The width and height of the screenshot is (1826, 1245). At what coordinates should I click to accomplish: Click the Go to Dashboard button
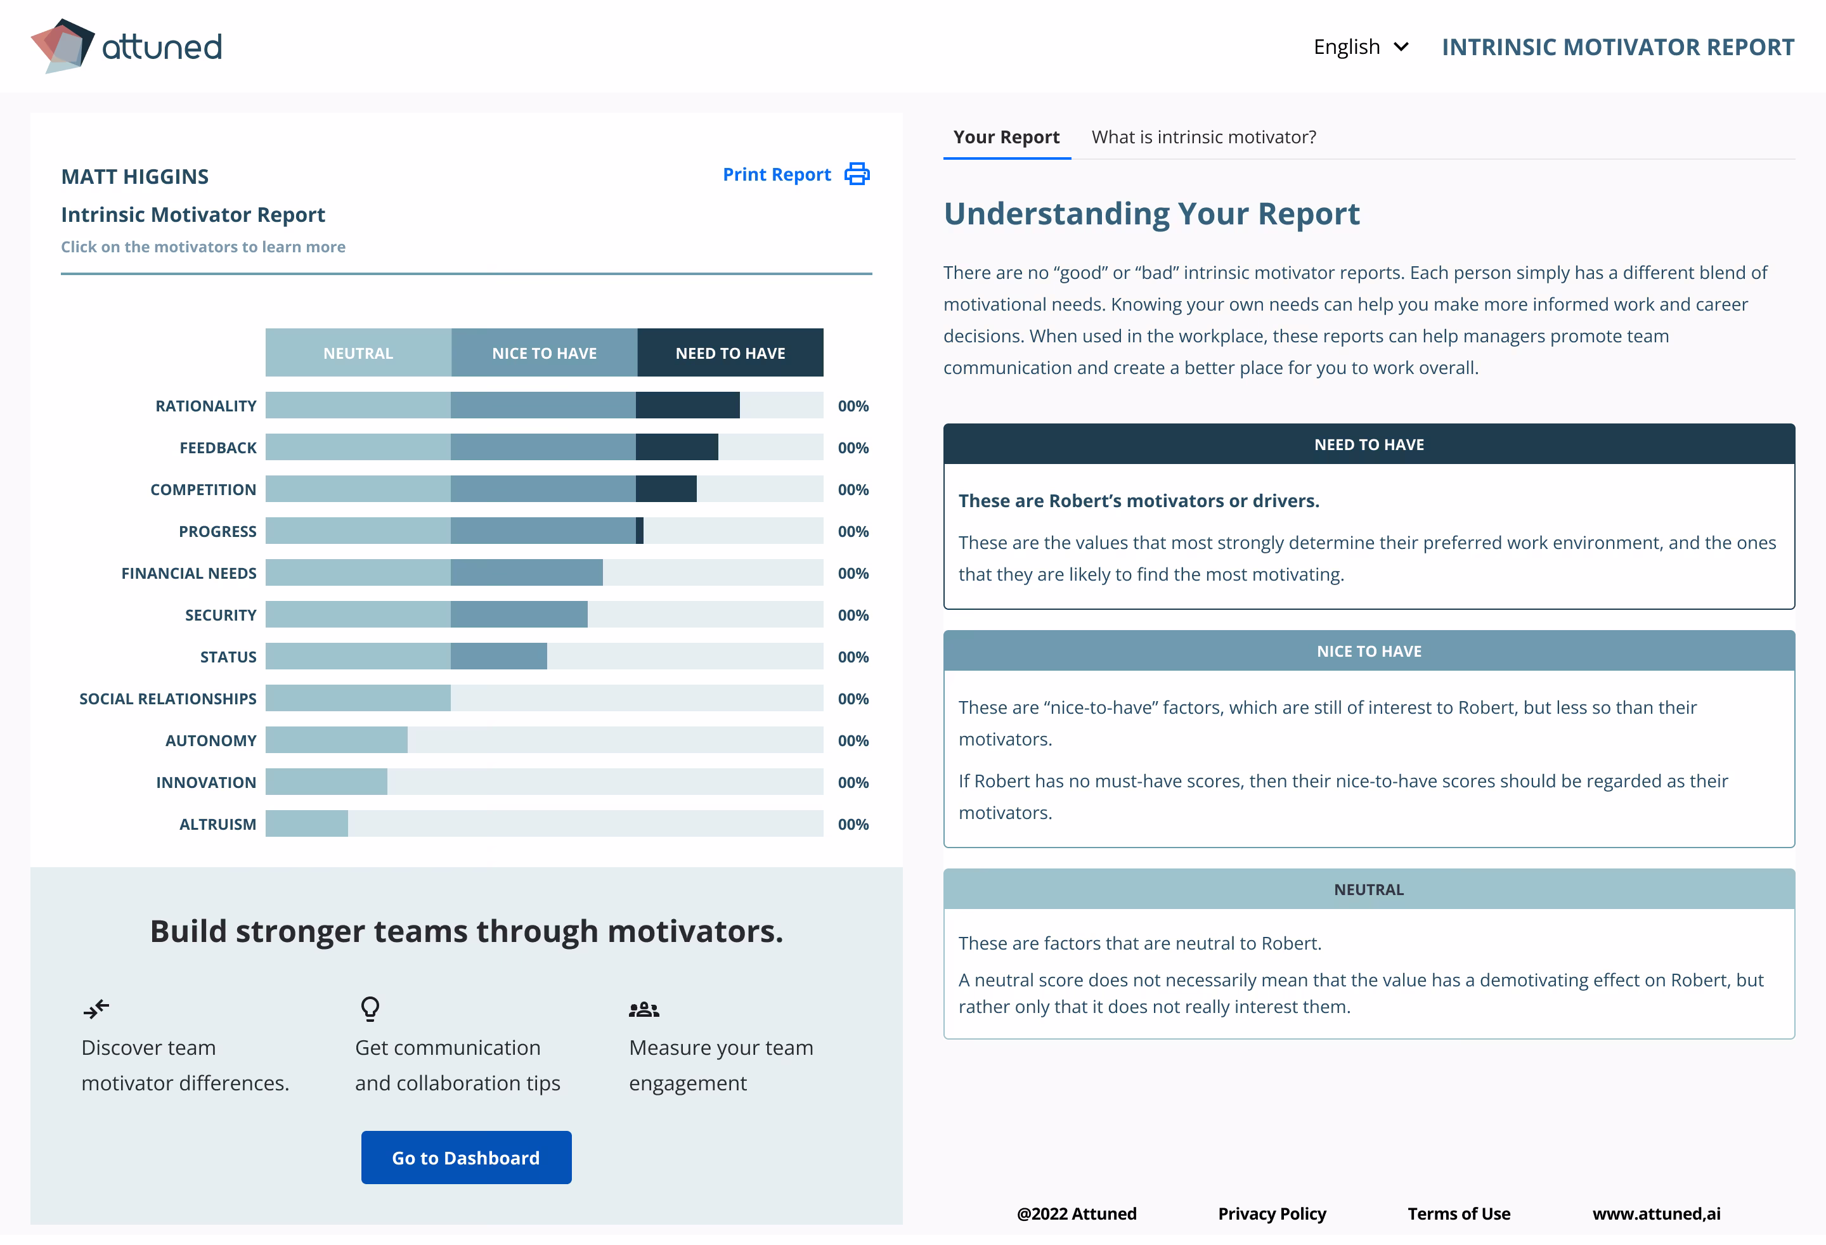click(466, 1157)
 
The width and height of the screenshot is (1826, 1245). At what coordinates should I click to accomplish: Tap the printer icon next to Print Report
click(857, 174)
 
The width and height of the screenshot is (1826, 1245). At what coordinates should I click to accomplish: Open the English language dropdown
click(1360, 47)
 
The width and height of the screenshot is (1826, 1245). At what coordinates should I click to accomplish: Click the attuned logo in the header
click(126, 46)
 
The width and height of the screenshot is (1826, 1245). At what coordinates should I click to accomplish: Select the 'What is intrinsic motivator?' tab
click(1203, 137)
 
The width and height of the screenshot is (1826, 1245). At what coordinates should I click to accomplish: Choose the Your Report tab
click(1006, 137)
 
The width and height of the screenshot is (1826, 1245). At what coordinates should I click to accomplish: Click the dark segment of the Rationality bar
click(687, 405)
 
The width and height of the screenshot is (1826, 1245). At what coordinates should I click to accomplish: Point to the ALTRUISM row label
click(217, 824)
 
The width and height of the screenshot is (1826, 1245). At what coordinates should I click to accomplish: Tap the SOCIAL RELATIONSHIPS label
click(167, 699)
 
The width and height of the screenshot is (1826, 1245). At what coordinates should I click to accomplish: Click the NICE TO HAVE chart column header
click(544, 352)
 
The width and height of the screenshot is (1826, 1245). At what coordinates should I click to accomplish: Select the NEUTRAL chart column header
click(358, 352)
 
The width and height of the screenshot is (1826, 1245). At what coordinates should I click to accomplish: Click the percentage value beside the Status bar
click(853, 657)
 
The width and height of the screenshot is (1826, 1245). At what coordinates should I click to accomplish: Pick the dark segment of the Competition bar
click(666, 489)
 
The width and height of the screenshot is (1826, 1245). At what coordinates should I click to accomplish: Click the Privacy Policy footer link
click(1271, 1213)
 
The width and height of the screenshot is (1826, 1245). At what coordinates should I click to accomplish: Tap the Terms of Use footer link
click(1458, 1213)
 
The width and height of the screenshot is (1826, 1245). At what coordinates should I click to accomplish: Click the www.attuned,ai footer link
click(1655, 1213)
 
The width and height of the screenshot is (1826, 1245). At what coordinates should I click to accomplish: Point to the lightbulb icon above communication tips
click(370, 1008)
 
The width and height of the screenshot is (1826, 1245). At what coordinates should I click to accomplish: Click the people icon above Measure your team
click(644, 1009)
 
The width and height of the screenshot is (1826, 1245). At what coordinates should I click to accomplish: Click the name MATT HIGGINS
click(134, 176)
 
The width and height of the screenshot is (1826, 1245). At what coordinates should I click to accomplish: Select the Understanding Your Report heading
click(1151, 214)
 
